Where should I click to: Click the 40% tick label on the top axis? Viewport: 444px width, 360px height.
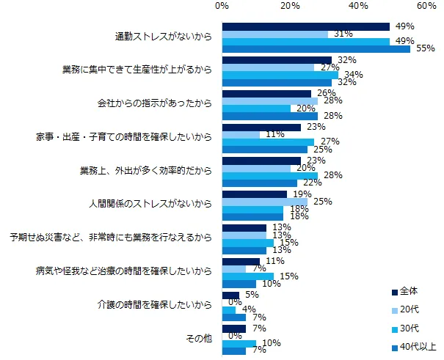358,6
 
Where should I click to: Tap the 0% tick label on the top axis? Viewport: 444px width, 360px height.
221,6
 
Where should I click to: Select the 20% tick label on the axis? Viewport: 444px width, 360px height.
290,6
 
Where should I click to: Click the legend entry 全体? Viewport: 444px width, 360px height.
415,292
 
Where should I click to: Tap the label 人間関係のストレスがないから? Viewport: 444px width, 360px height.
151,204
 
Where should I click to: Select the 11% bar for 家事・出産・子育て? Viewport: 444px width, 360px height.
241,135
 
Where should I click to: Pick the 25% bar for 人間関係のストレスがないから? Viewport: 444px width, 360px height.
264,201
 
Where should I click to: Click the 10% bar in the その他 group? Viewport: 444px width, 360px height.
239,343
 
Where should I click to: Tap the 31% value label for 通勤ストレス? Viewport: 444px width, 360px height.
341,34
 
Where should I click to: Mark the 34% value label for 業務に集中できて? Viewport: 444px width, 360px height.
352,74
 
